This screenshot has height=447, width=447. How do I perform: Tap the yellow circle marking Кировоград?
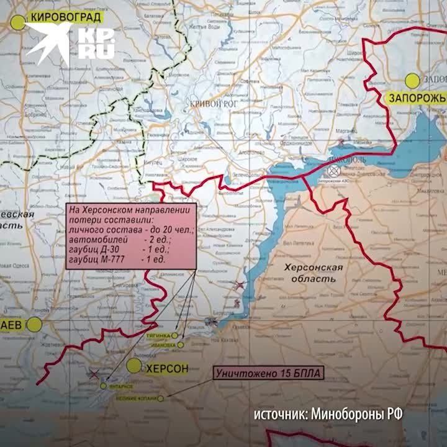click(x=18, y=20)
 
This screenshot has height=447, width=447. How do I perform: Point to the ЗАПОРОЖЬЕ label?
click(x=417, y=98)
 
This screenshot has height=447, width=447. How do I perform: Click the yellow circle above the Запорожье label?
click(x=412, y=80)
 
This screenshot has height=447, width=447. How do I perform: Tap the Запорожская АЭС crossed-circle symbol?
click(x=333, y=168)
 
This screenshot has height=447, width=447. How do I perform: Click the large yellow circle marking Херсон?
click(x=133, y=366)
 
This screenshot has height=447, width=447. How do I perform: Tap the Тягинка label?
click(x=155, y=333)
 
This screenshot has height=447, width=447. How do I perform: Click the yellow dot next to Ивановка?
click(x=180, y=344)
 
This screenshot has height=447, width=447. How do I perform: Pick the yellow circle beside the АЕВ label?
click(x=36, y=324)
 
